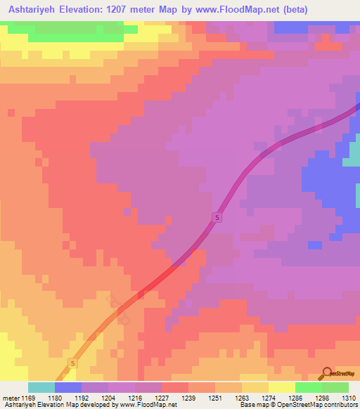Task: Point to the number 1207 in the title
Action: pos(134,10)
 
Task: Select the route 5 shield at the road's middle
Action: pos(217,219)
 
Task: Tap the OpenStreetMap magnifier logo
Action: pos(326,373)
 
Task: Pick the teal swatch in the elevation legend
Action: pos(41,387)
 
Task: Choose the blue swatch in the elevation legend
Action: pos(68,387)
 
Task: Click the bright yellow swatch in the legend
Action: pos(282,387)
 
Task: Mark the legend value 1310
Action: pos(349,397)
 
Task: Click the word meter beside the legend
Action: pos(11,397)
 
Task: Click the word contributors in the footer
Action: pos(339,405)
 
